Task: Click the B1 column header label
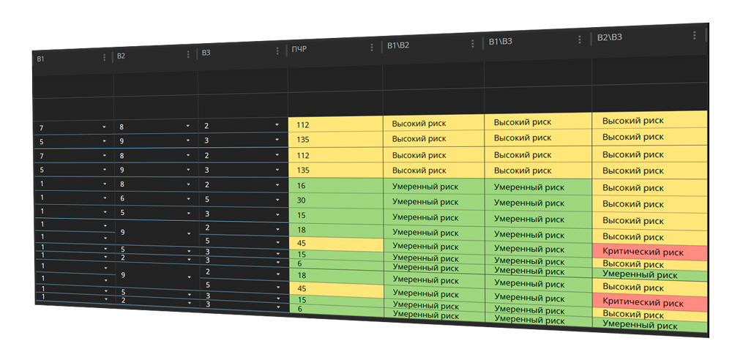click(x=40, y=59)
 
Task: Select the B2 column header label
click(x=121, y=56)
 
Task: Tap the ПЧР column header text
click(x=299, y=49)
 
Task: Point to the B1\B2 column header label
click(x=397, y=45)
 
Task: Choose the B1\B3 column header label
click(x=501, y=42)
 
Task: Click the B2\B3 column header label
click(x=610, y=37)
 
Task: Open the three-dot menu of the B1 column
click(x=104, y=57)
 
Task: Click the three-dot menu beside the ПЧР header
click(x=372, y=47)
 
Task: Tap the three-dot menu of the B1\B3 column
click(x=579, y=40)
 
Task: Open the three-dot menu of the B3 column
click(x=277, y=51)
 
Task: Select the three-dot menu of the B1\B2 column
click(x=472, y=43)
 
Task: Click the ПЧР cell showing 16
click(x=336, y=186)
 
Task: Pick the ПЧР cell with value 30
click(x=336, y=200)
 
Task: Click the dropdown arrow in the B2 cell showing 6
click(x=189, y=199)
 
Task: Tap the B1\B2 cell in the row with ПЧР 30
click(x=433, y=202)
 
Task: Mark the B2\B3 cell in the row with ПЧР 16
click(x=649, y=188)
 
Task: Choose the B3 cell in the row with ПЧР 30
click(x=243, y=199)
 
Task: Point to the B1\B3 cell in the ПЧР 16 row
click(x=538, y=187)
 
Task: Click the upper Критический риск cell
click(x=649, y=252)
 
